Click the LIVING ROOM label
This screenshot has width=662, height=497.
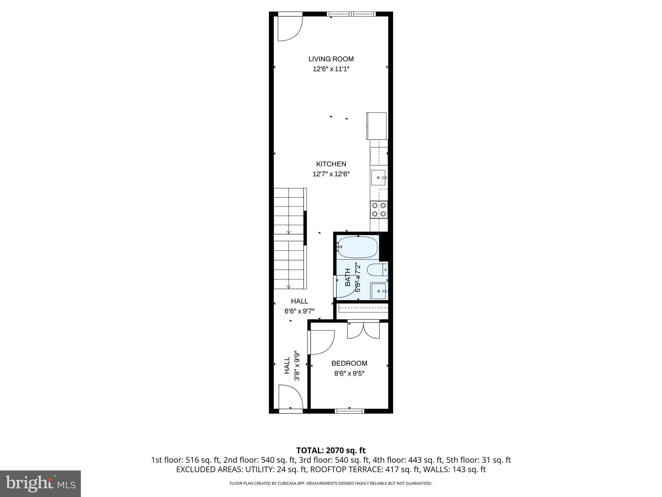click(331, 59)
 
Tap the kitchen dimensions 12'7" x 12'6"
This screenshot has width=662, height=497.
click(331, 174)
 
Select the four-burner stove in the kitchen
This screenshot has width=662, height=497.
click(379, 209)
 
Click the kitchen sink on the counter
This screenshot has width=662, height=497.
click(379, 178)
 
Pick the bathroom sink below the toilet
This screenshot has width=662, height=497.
click(379, 291)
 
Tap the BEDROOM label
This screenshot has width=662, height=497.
click(349, 363)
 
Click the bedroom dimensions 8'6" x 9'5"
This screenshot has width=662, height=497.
click(349, 374)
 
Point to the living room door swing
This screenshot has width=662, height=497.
click(290, 28)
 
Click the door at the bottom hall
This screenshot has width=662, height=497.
click(290, 397)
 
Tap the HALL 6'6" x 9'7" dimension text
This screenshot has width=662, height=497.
click(299, 311)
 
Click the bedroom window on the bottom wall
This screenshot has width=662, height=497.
click(349, 411)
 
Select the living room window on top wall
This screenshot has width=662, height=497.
click(351, 14)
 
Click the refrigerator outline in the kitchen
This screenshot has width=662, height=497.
click(377, 126)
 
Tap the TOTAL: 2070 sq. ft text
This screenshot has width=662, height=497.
click(331, 450)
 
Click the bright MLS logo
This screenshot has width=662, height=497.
click(40, 483)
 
